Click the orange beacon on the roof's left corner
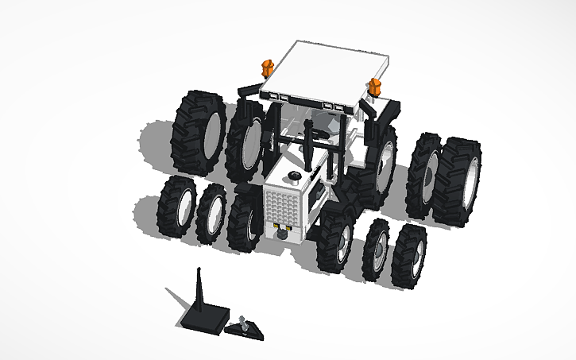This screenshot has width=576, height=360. (266, 67)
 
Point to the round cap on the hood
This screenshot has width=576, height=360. (294, 176)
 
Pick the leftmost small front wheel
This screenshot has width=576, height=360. (176, 207)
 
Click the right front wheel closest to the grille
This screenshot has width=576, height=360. (337, 243)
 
